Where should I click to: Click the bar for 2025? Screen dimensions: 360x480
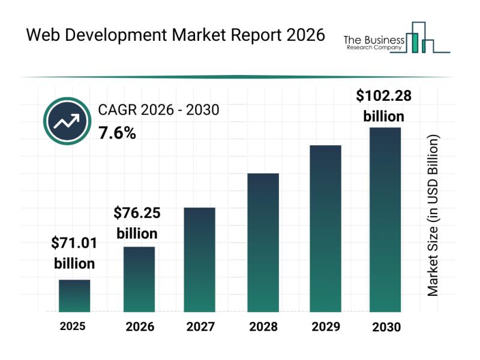pos(74,296)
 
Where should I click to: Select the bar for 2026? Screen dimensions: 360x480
pos(139,279)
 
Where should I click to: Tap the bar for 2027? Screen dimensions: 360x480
pos(200,259)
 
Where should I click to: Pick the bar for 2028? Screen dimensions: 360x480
pos(263,242)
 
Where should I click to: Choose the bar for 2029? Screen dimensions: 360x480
pos(325,229)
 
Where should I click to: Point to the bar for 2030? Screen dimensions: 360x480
pos(385,220)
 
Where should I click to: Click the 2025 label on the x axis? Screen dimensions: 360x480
pos(73,326)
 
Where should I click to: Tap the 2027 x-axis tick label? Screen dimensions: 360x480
pos(200,327)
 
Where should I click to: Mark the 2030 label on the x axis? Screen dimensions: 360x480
pos(385,327)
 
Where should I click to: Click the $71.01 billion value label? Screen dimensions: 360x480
pos(74,253)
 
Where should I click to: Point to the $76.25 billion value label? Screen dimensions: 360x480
pos(137,223)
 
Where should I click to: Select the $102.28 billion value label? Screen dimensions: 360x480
pos(384,105)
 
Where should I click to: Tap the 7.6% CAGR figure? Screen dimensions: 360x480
pos(117,133)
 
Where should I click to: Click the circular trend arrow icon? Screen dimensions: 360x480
pos(67,121)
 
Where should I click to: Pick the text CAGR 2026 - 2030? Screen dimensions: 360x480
pos(158,110)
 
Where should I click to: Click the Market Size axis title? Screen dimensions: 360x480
pos(433,215)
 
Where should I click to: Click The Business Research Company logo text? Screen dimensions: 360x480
pos(372,43)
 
